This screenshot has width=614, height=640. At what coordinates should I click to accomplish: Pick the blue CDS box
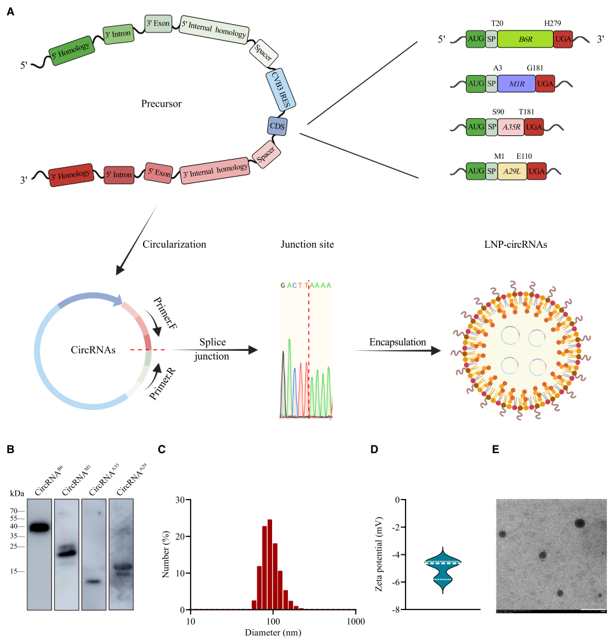coord(277,126)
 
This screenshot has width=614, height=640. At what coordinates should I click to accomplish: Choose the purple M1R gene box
coord(517,84)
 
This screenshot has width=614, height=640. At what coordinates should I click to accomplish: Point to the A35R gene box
coord(512,127)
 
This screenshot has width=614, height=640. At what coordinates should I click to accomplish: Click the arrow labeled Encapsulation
coord(398,350)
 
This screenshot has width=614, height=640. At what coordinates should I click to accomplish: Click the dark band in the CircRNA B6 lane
coord(39,526)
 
